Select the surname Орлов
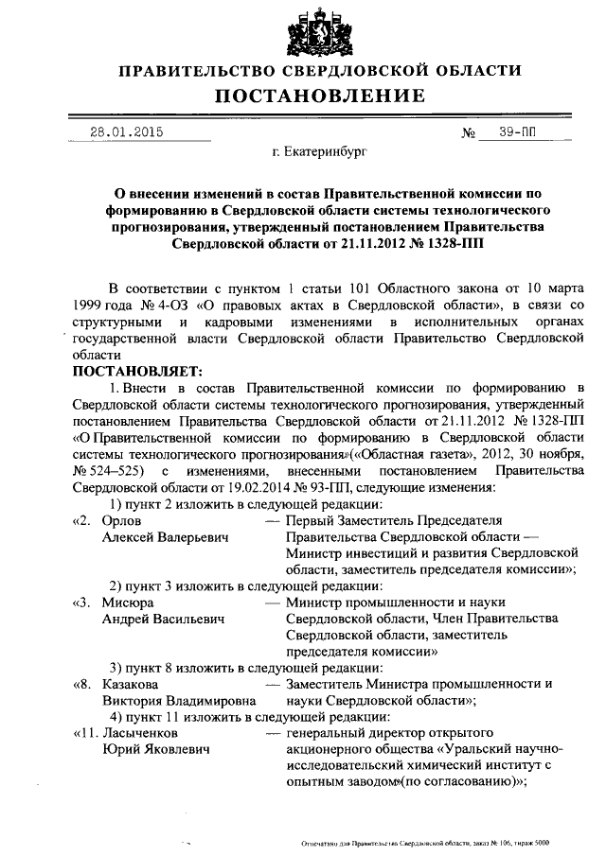point(122,520)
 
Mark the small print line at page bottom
point(424,842)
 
